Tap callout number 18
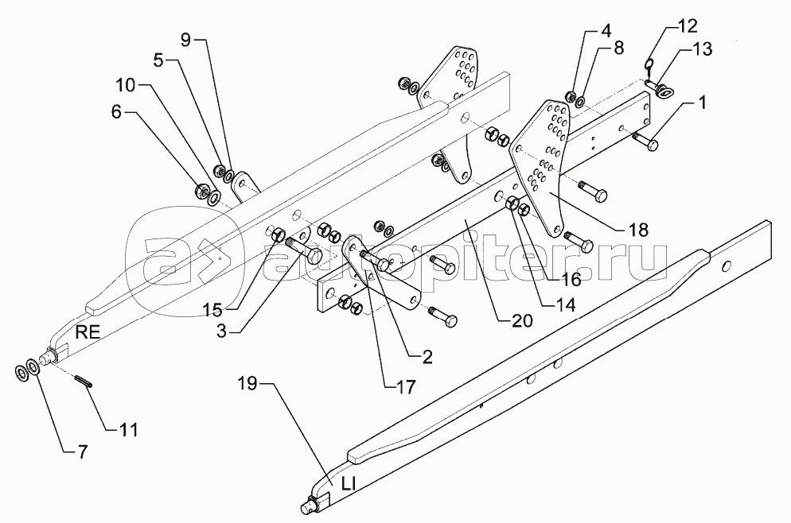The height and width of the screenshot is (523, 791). [x=637, y=229]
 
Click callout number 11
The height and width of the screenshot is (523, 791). [x=128, y=430]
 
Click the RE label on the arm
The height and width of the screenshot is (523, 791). [x=88, y=333]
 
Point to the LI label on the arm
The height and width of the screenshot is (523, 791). [x=343, y=483]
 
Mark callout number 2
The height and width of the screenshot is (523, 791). [x=427, y=357]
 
